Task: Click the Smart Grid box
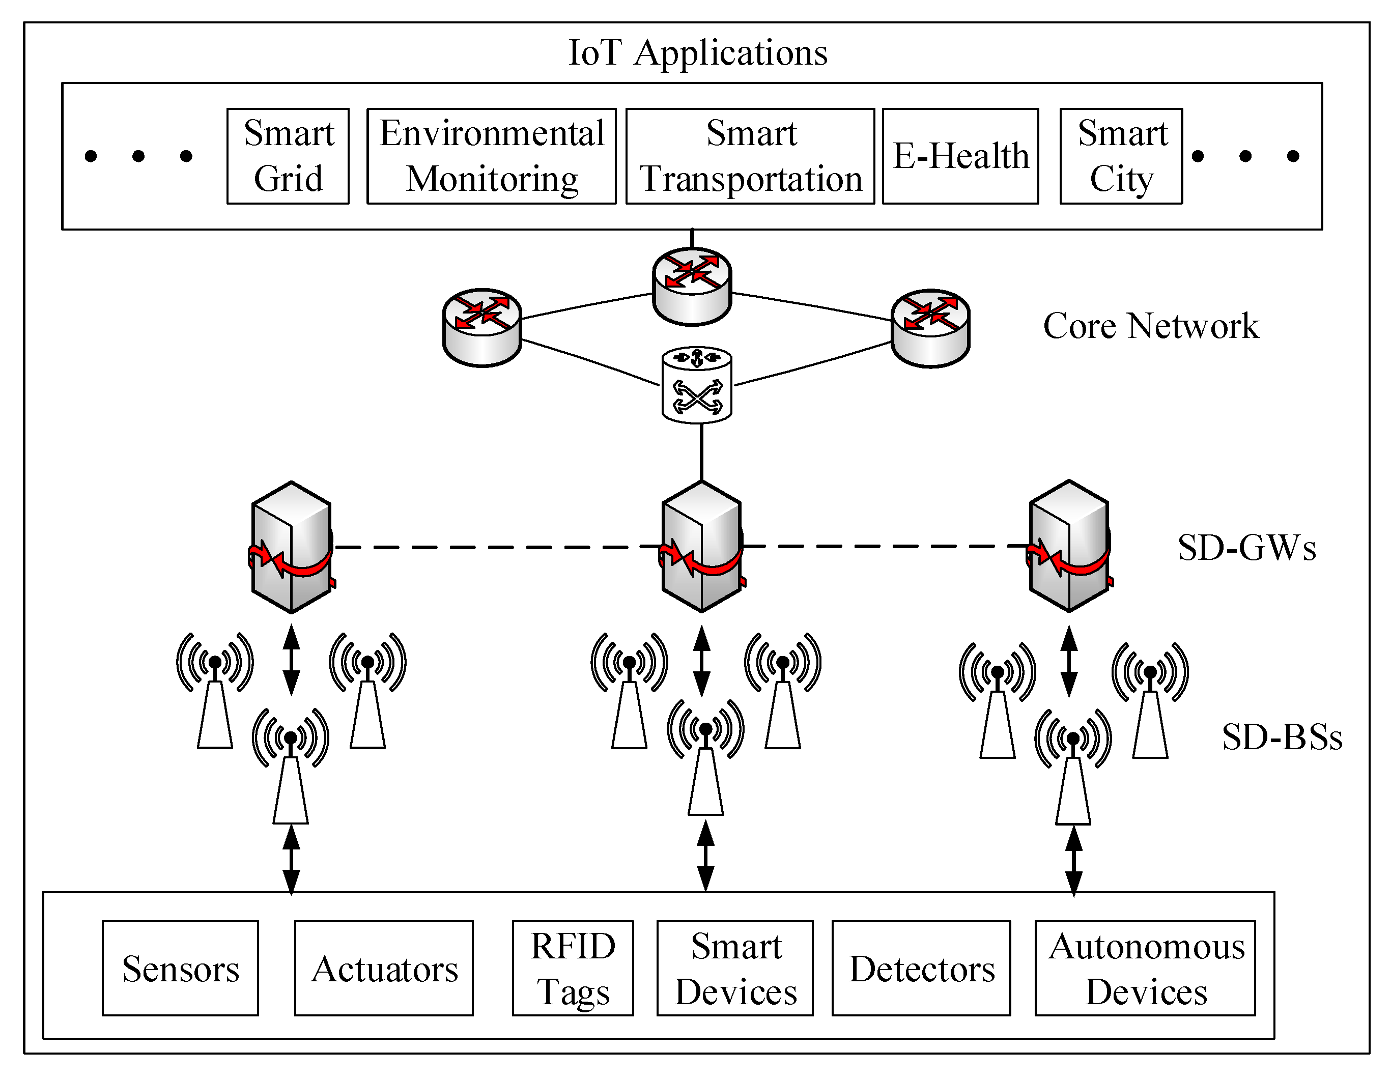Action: pyautogui.click(x=288, y=156)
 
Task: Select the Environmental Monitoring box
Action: pyautogui.click(x=491, y=156)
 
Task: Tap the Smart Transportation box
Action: pyautogui.click(x=750, y=156)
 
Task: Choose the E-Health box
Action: pyautogui.click(x=960, y=156)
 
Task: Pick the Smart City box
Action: pyautogui.click(x=1121, y=156)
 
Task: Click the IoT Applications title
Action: pyautogui.click(x=697, y=52)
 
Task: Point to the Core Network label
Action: pyautogui.click(x=1151, y=326)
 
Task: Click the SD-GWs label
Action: pyautogui.click(x=1246, y=548)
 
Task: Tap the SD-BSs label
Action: pyautogui.click(x=1282, y=737)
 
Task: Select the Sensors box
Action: pyautogui.click(x=180, y=968)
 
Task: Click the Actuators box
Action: pyautogui.click(x=384, y=968)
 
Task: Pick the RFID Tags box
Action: pyautogui.click(x=573, y=968)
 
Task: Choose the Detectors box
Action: pyautogui.click(x=921, y=968)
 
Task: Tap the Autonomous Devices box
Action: pyautogui.click(x=1145, y=968)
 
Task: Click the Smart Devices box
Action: pyautogui.click(x=735, y=968)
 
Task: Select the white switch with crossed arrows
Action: pyautogui.click(x=697, y=385)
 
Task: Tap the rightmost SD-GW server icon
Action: pyautogui.click(x=1069, y=546)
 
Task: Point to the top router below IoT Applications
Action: pyautogui.click(x=692, y=286)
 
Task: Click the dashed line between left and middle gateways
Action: pyautogui.click(x=497, y=547)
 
